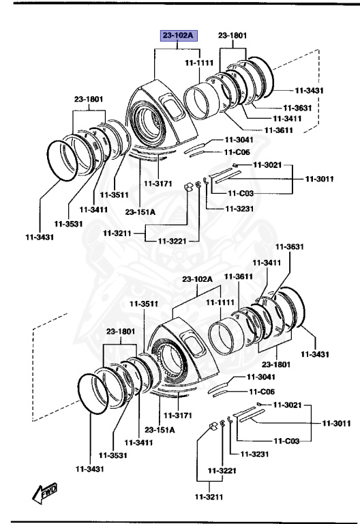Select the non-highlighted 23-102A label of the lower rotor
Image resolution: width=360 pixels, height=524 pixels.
(x=198, y=279)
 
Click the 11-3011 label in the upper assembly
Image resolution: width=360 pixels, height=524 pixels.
(x=319, y=179)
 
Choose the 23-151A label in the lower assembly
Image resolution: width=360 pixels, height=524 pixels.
(x=159, y=429)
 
